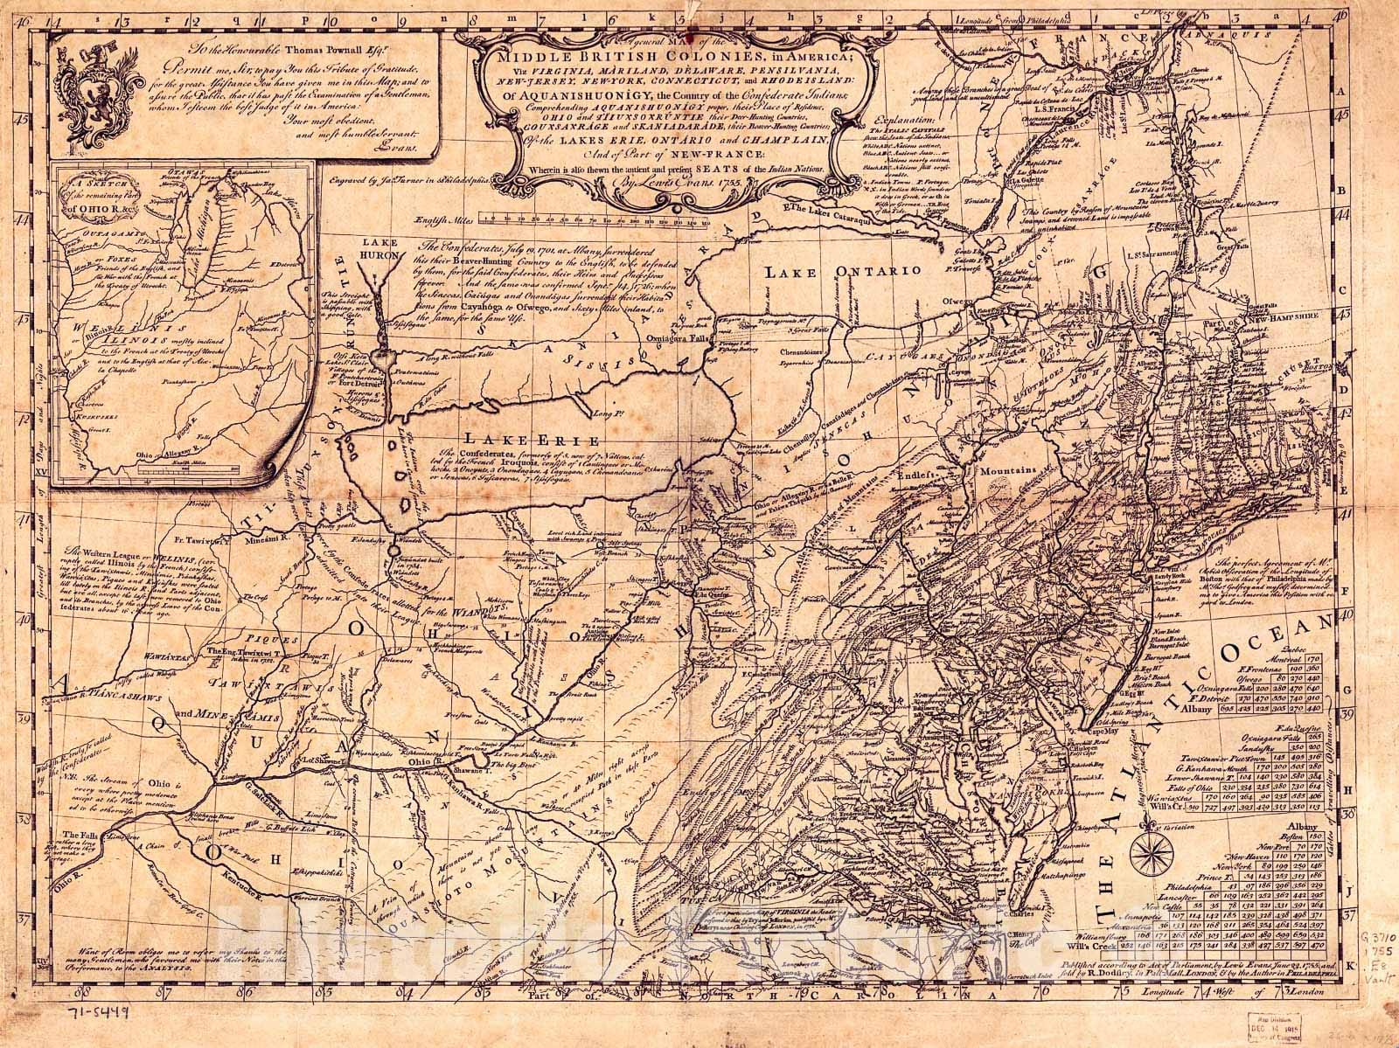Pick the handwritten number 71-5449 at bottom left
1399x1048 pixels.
click(x=94, y=1013)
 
